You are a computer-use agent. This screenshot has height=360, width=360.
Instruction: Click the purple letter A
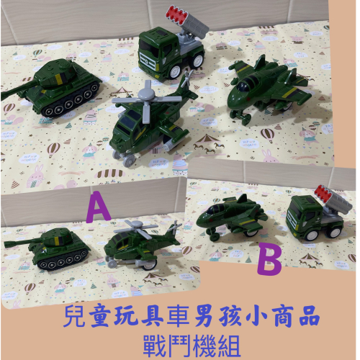(x=99, y=207)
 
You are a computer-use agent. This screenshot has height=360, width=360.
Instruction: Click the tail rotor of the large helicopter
(x=187, y=80)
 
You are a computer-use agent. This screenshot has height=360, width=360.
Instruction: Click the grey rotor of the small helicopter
(x=138, y=228)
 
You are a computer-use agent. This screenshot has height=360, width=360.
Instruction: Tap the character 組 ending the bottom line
(x=229, y=346)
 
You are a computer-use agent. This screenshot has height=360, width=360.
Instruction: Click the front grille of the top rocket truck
(x=148, y=61)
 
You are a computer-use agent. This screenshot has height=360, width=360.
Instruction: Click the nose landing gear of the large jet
(x=240, y=117)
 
